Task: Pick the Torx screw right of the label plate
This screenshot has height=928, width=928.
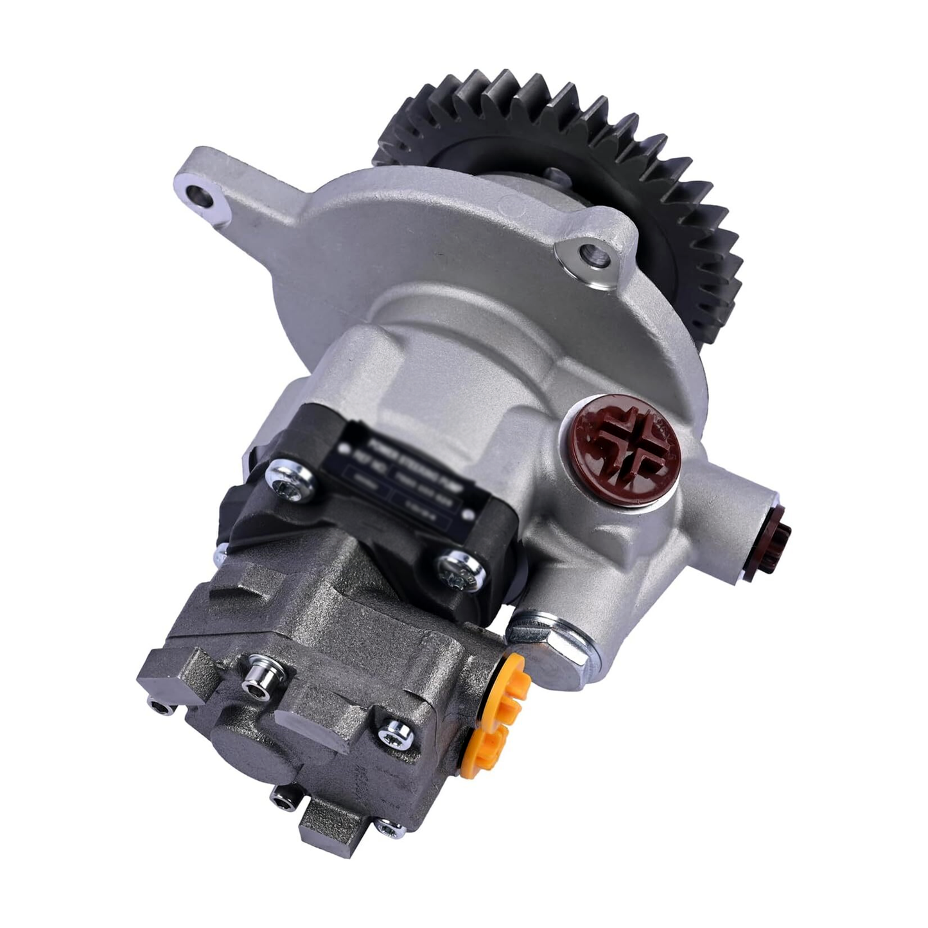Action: coord(462,568)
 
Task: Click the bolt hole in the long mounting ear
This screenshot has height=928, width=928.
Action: coord(202,196)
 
